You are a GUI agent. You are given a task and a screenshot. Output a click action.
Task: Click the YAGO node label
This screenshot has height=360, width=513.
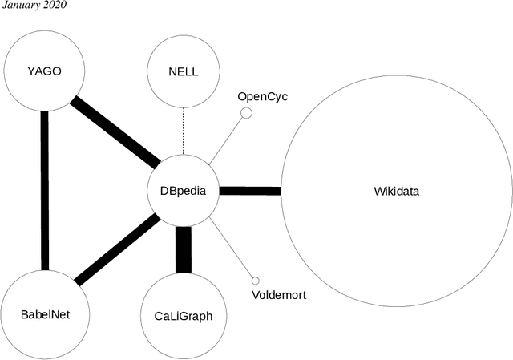coord(44,71)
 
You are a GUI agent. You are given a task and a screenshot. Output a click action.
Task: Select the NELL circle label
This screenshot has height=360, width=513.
coord(184,71)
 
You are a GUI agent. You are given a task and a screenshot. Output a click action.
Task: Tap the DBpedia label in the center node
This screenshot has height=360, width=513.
coord(184,191)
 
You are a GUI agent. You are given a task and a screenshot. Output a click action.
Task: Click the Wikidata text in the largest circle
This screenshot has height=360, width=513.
coord(396,191)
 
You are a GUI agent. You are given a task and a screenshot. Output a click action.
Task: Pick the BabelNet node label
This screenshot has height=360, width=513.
coord(45,314)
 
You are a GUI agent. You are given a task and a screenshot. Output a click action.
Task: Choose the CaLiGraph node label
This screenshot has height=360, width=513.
coord(183,315)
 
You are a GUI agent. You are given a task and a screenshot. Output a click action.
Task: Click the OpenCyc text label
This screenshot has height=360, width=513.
coord(262,97)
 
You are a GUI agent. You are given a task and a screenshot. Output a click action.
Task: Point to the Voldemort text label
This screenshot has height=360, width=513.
coord(279,294)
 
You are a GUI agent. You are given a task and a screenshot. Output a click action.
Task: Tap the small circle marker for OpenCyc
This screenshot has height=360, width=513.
coord(247,113)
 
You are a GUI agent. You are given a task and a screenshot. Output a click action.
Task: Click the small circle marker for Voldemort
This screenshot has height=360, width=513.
coord(255,281)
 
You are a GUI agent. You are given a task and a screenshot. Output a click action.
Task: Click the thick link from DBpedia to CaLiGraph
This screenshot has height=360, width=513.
coord(184,249)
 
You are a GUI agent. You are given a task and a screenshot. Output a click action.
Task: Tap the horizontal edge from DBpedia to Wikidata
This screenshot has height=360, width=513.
coord(249,191)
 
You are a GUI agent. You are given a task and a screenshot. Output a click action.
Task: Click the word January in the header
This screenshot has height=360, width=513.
coord(21,6)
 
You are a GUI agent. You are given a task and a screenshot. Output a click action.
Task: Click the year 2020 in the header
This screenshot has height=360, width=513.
coord(56,6)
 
